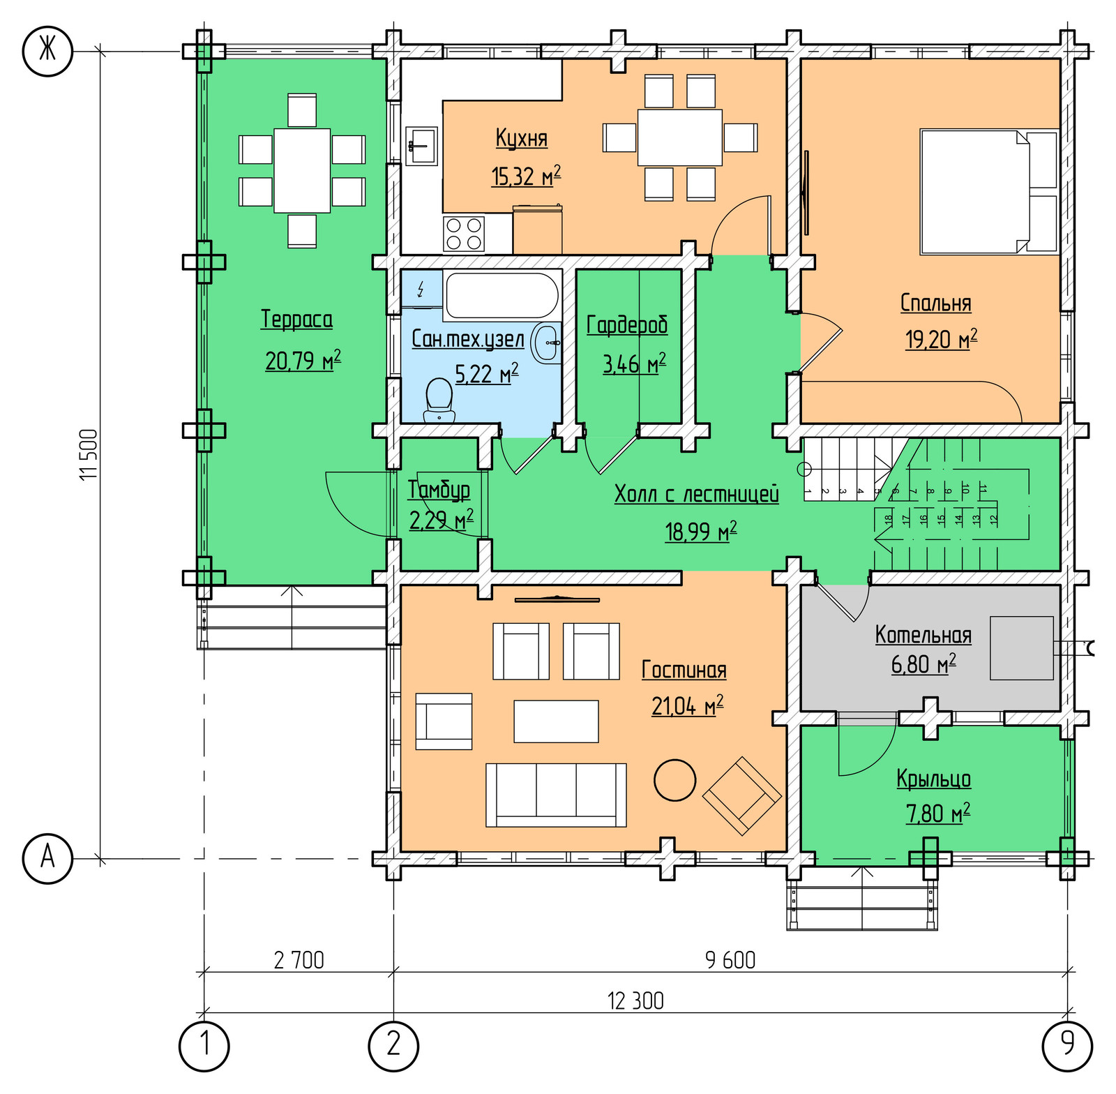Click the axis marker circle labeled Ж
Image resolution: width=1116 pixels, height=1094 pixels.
47,50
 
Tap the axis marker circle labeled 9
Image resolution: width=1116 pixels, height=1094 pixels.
1067,1046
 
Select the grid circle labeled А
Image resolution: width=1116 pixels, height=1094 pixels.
47,858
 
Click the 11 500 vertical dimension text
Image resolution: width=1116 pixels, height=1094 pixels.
89,454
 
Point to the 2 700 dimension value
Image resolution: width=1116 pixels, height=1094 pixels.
299,960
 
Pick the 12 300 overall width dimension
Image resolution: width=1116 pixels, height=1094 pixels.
635,1001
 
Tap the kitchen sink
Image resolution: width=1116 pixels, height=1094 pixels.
421,146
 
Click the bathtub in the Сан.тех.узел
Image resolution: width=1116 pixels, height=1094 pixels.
502,296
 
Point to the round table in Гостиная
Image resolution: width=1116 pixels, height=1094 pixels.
674,779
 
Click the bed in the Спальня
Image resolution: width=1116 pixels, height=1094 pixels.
988,191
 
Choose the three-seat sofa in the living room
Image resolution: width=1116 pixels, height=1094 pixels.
556,795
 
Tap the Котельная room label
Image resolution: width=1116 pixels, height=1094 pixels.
923,635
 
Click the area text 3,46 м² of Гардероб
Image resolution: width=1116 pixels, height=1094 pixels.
634,364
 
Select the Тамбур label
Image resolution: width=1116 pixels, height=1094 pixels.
439,490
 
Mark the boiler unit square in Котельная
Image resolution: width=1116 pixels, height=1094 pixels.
1021,648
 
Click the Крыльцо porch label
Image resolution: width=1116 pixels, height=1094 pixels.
933,779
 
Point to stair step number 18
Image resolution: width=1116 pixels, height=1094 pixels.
888,519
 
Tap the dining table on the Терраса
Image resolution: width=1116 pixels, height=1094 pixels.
302,171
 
